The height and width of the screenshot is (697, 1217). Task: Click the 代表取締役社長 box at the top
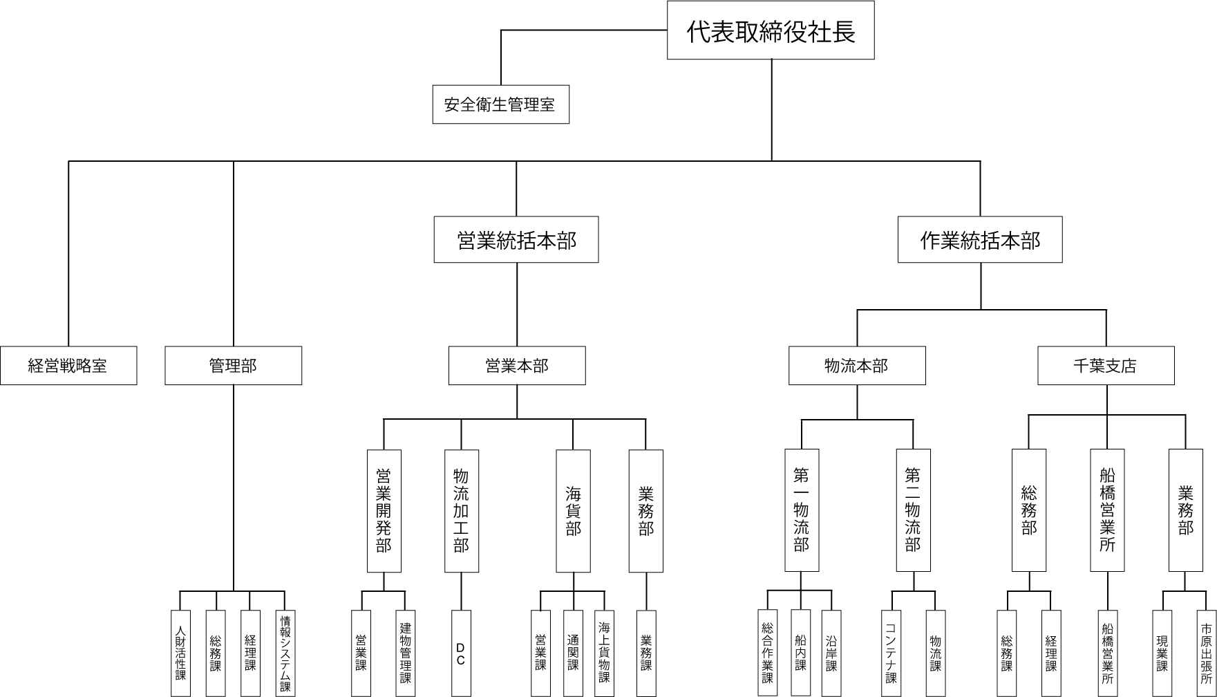[771, 30]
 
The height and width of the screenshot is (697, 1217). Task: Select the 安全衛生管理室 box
[500, 104]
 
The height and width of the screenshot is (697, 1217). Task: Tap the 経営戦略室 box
[68, 366]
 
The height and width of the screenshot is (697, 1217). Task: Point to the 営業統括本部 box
[516, 240]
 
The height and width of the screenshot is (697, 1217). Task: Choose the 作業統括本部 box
[980, 240]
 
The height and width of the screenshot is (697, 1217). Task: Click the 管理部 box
[233, 366]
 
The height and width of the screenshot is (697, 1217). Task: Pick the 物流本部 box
[857, 366]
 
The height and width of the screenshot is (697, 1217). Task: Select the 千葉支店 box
[1106, 366]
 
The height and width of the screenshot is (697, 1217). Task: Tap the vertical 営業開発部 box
[384, 511]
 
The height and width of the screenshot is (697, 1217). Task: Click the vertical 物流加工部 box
[461, 511]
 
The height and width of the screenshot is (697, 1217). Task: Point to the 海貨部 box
[573, 511]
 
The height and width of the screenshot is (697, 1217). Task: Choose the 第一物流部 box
[802, 510]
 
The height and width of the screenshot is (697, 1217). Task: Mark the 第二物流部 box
[913, 510]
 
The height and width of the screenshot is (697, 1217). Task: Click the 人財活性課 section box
[180, 653]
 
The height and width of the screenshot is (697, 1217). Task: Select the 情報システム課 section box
[285, 653]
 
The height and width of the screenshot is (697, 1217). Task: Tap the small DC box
[461, 653]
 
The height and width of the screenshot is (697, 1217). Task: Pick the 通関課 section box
[573, 653]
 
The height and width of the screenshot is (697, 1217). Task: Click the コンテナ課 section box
[891, 653]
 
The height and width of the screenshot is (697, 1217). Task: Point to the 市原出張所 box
[1206, 653]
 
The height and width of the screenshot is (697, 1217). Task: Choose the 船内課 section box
[801, 653]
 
